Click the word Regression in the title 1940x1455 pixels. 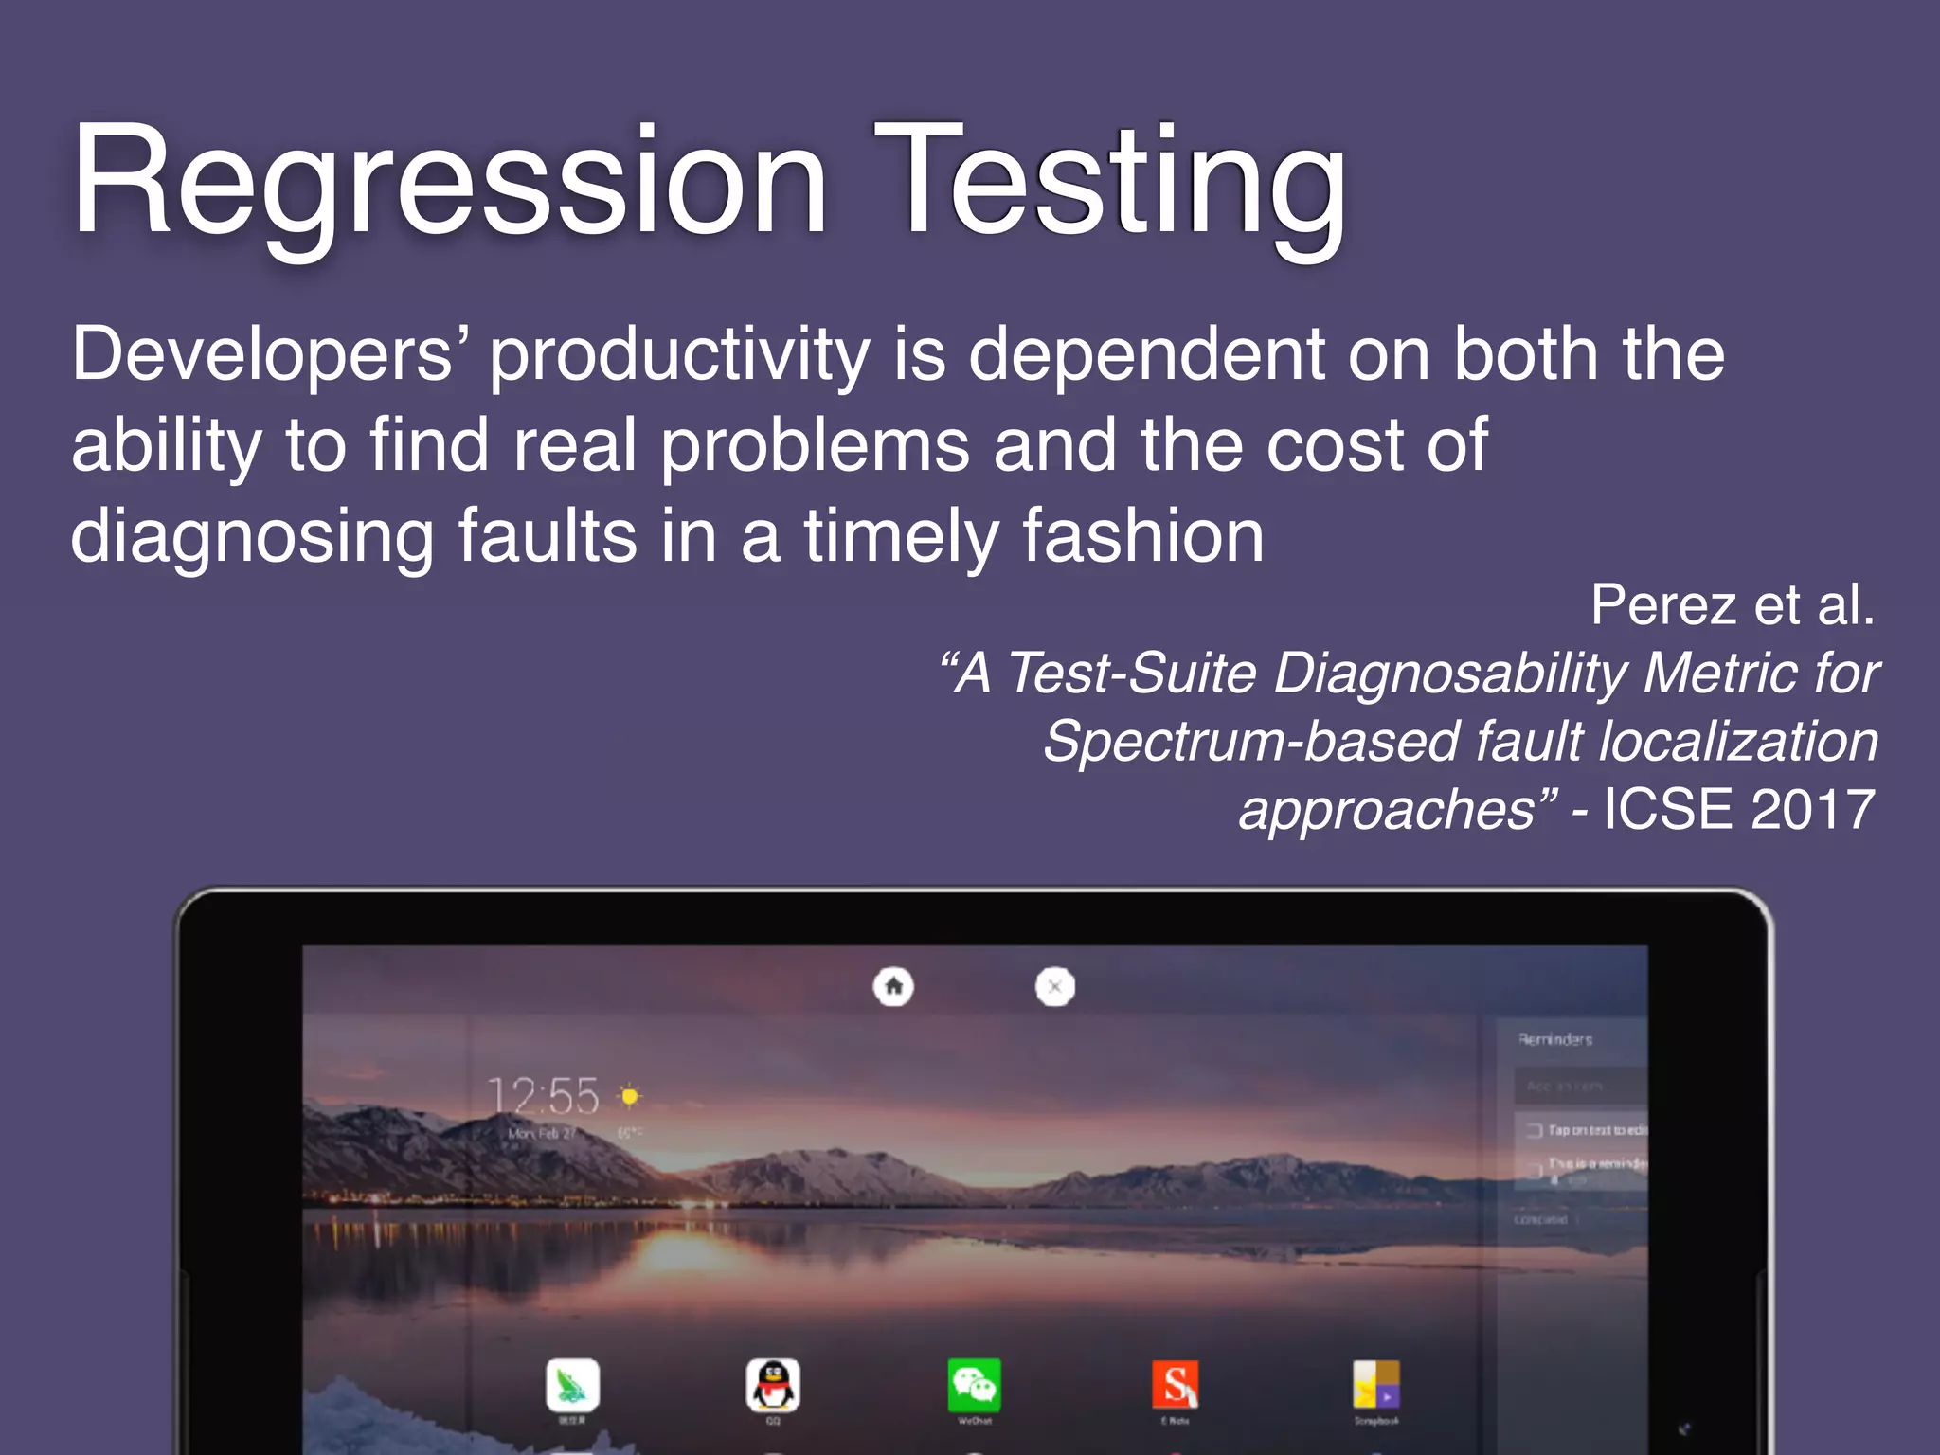point(450,182)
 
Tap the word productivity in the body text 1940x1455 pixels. point(679,355)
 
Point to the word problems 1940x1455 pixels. point(815,445)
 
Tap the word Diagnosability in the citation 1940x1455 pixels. point(1449,674)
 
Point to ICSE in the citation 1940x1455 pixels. point(1667,810)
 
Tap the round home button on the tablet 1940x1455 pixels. point(893,986)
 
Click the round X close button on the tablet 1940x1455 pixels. point(1054,987)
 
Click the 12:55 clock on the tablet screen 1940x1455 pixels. point(543,1096)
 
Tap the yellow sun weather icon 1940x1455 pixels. point(629,1096)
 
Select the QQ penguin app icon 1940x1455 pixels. point(773,1385)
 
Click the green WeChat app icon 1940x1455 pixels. point(974,1385)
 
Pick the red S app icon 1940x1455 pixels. point(1175,1385)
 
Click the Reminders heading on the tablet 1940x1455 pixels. point(1555,1039)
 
